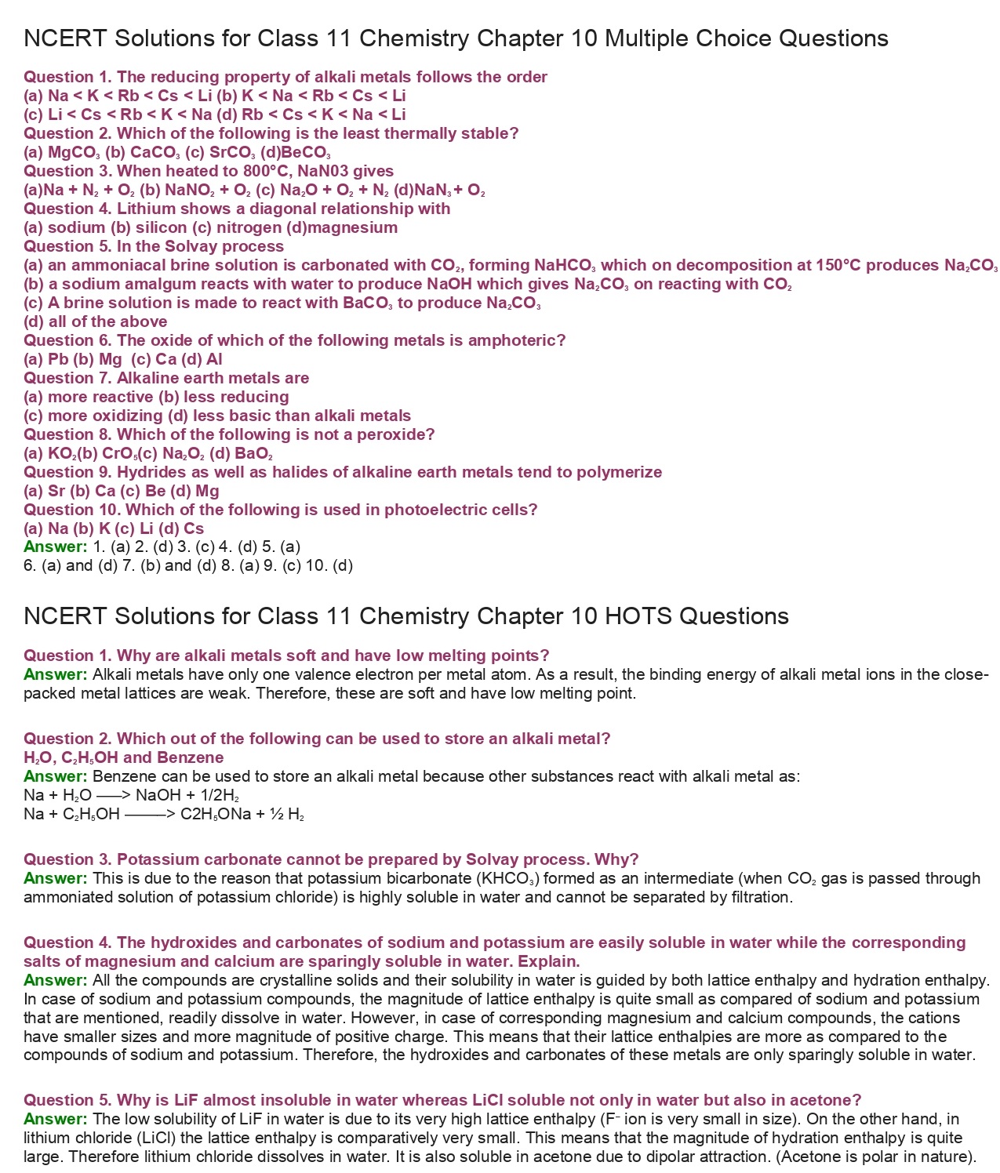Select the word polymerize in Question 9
point(619,472)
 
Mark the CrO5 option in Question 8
point(120,453)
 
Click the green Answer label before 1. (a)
point(55,547)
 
